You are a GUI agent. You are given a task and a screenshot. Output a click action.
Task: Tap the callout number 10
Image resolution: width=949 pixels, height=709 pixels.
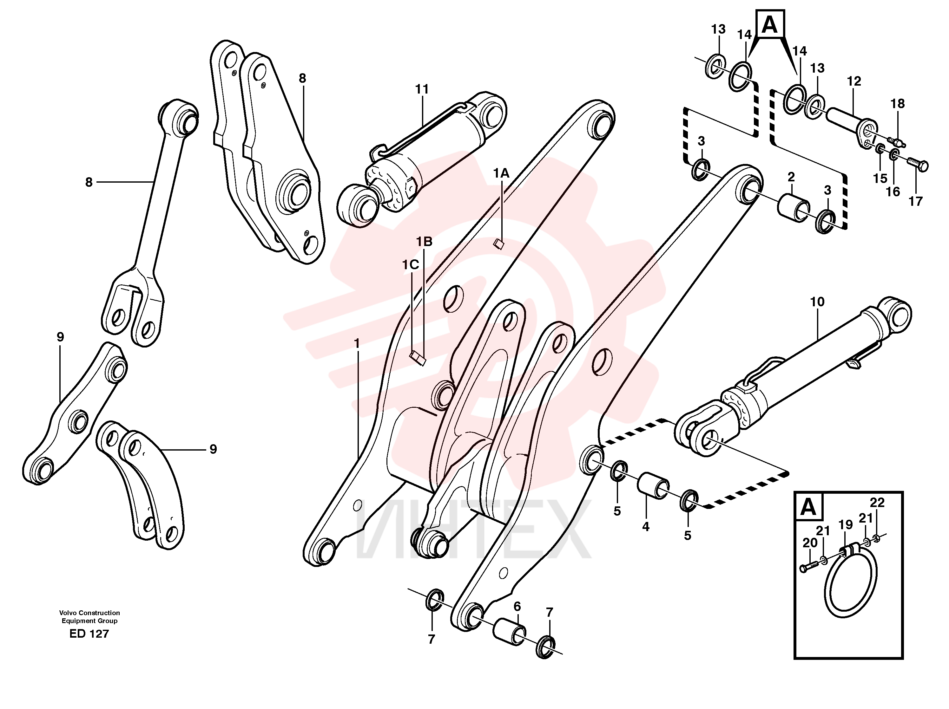tap(817, 302)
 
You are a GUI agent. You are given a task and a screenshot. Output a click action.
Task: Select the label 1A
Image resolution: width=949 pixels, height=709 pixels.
tap(501, 173)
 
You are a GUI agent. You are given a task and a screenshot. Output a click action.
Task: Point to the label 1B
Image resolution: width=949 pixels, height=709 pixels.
tap(424, 242)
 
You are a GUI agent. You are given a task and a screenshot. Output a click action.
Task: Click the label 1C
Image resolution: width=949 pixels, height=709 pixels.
tap(410, 265)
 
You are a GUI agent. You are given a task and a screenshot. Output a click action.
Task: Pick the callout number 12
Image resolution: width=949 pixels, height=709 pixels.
tap(854, 81)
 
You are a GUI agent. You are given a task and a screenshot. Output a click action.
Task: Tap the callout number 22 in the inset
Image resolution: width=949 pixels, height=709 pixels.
tap(877, 502)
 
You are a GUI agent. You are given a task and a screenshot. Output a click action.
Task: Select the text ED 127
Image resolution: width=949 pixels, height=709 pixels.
tap(89, 634)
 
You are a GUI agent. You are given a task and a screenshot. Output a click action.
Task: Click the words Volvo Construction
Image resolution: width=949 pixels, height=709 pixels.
tap(90, 613)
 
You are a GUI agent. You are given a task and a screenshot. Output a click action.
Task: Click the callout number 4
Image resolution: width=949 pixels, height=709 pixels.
tap(646, 527)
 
